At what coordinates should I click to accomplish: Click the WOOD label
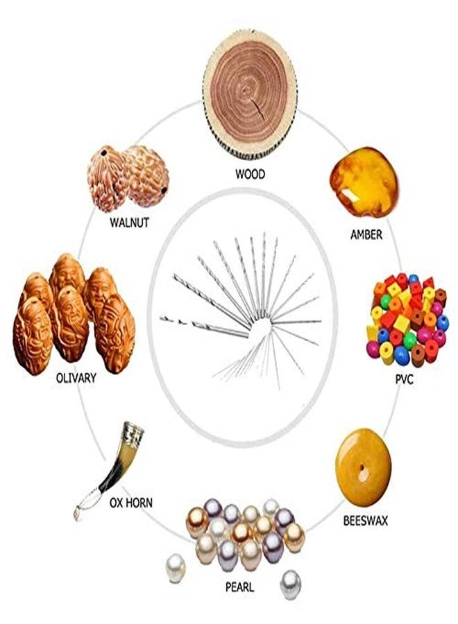(250, 174)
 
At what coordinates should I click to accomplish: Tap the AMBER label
(366, 234)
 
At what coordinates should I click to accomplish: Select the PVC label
(405, 379)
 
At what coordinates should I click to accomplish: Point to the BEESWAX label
(365, 521)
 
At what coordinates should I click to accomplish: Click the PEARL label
(239, 587)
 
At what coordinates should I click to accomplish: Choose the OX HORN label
(130, 503)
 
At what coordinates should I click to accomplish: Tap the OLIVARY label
(76, 378)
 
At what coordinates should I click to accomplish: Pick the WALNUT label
(130, 222)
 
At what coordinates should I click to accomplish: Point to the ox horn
(112, 469)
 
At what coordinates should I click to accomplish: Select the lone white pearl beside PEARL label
(176, 569)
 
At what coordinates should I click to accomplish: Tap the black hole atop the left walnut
(104, 153)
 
